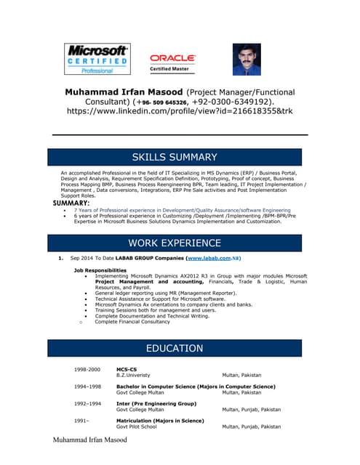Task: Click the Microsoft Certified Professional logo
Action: (x=98, y=60)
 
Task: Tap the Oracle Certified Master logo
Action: (x=172, y=62)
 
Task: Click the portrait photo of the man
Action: (x=247, y=60)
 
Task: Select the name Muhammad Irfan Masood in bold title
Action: (x=124, y=93)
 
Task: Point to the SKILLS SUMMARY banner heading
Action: (x=175, y=157)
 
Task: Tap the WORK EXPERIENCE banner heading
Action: (x=175, y=243)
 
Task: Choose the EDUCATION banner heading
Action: (x=175, y=349)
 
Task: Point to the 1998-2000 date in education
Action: (x=87, y=369)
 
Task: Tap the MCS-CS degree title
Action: (x=127, y=369)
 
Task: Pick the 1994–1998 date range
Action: (x=87, y=387)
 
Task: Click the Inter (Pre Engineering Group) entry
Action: (x=156, y=403)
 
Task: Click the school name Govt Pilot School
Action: (x=137, y=426)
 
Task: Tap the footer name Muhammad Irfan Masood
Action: (x=90, y=440)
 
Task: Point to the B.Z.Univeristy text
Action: (x=138, y=375)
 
